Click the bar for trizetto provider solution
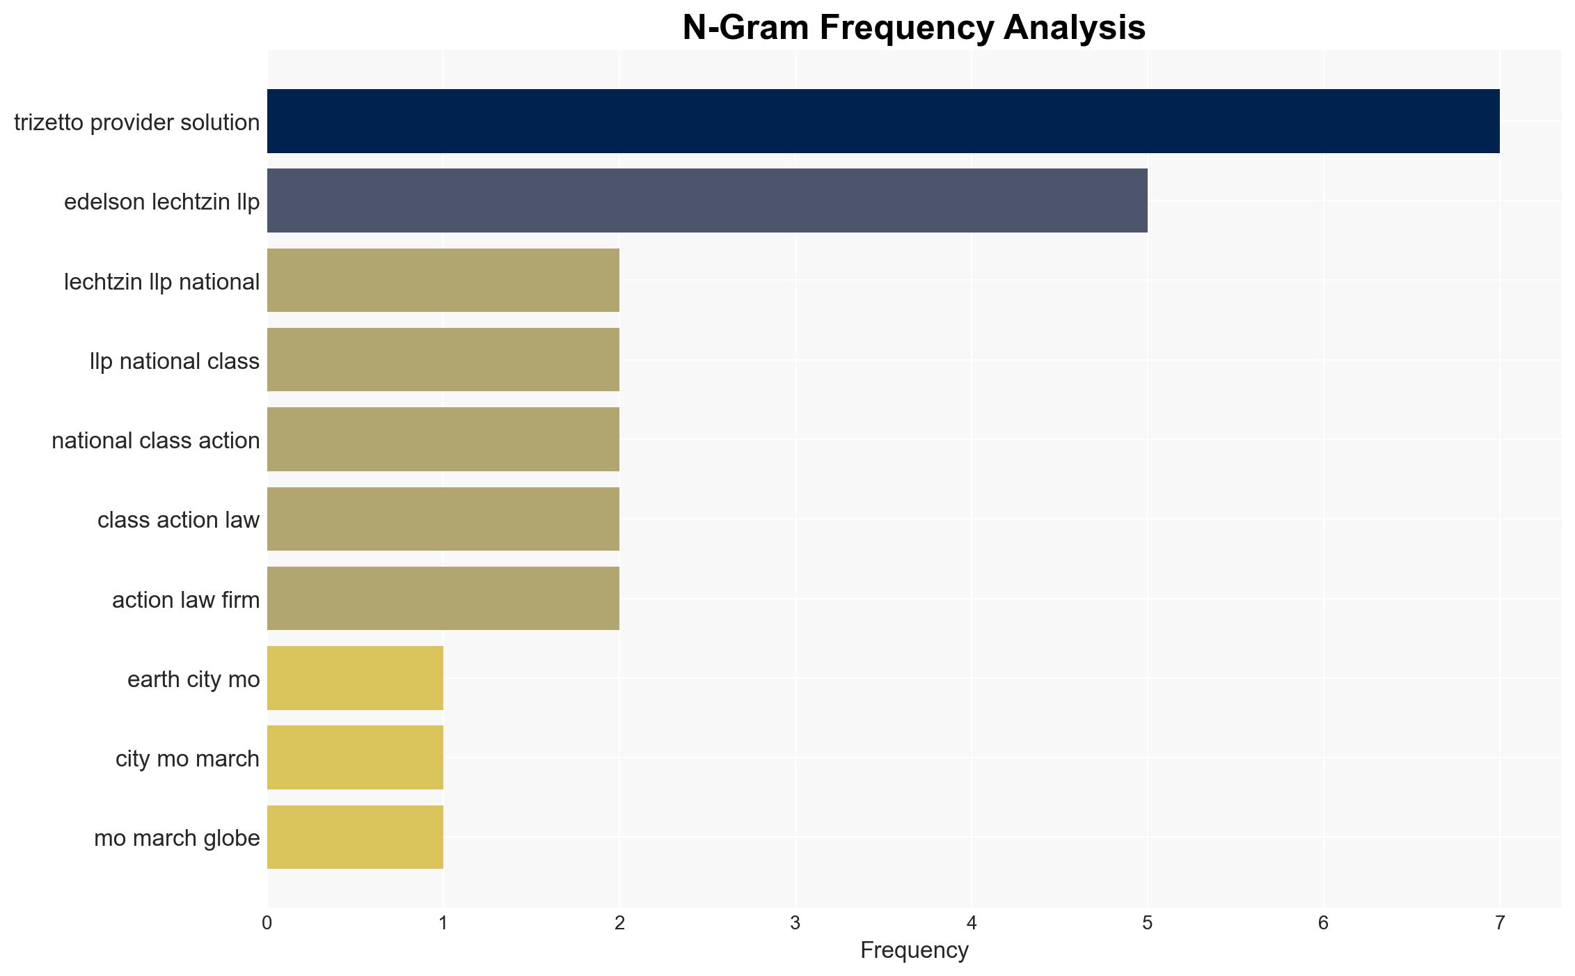tap(883, 121)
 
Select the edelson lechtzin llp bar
tap(707, 200)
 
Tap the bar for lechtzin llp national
tap(443, 281)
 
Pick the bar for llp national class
tap(443, 360)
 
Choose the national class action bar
tap(443, 439)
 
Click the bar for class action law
tap(443, 519)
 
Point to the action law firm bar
tap(443, 599)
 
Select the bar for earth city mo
tap(355, 678)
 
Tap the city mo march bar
tap(355, 757)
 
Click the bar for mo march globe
tap(355, 837)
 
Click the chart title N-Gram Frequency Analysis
tap(914, 28)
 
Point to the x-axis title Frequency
tap(914, 950)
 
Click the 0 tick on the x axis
tap(267, 923)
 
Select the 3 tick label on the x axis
tap(796, 923)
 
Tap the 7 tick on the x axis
tap(1500, 923)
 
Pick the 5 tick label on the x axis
tap(1148, 923)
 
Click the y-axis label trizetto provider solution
tap(137, 123)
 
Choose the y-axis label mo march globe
tap(177, 838)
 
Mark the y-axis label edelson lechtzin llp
tap(162, 202)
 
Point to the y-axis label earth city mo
tap(193, 679)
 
